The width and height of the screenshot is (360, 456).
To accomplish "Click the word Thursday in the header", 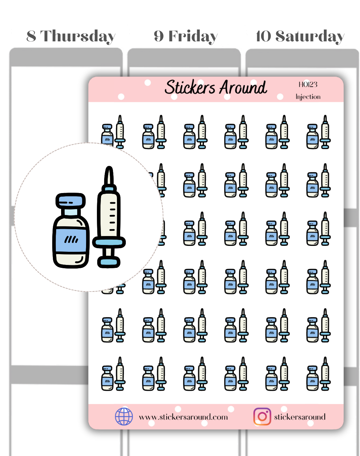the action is click(78, 37).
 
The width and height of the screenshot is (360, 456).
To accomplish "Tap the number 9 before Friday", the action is click(159, 36).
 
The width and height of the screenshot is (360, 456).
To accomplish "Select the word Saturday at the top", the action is click(310, 37).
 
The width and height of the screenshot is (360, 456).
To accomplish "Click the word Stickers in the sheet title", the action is click(190, 87).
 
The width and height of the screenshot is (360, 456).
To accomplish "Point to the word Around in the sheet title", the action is click(243, 87).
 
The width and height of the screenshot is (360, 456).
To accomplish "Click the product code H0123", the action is click(308, 85).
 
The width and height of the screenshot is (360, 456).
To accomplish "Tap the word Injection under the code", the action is click(308, 97).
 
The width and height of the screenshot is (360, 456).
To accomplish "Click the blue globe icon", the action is click(124, 416).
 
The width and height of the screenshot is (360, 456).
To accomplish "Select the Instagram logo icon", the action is click(262, 416).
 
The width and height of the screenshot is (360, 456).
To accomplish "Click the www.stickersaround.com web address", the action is click(183, 417).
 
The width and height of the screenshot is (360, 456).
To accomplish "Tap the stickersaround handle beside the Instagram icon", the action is click(300, 417).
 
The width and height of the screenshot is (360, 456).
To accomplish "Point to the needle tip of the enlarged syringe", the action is click(109, 167).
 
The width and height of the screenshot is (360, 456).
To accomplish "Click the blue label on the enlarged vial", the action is click(71, 240).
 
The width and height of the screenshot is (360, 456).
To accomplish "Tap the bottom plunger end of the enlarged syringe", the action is click(109, 262).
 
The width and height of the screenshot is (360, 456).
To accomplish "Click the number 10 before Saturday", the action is click(263, 36).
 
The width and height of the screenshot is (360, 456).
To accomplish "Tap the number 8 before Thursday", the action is click(31, 36).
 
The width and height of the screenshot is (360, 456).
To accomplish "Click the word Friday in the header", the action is click(193, 37).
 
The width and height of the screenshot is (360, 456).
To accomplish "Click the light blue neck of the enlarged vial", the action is click(71, 212).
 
